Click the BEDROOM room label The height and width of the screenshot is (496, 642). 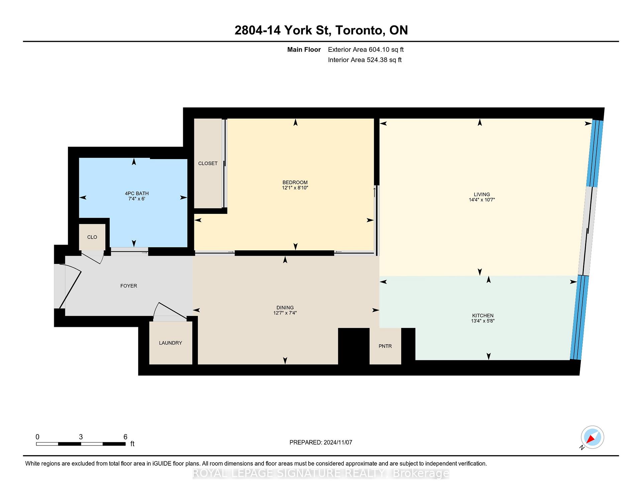pyautogui.click(x=295, y=182)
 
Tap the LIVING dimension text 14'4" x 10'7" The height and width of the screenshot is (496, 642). pyautogui.click(x=481, y=200)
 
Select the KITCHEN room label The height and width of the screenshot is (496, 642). pyautogui.click(x=483, y=316)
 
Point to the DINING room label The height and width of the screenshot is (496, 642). pyautogui.click(x=285, y=307)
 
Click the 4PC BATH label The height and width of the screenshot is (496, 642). pyautogui.click(x=137, y=194)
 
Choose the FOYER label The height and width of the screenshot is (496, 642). pyautogui.click(x=129, y=286)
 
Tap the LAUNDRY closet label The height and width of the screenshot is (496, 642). pyautogui.click(x=171, y=343)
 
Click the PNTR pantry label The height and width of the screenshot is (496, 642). pyautogui.click(x=385, y=346)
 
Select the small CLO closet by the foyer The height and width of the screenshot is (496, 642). pyautogui.click(x=92, y=237)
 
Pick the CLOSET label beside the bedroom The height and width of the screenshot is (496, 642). pyautogui.click(x=208, y=163)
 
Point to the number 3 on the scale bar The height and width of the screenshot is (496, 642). pyautogui.click(x=81, y=437)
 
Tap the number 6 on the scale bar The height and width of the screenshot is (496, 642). pyautogui.click(x=125, y=437)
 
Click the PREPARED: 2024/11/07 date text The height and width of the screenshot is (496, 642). pyautogui.click(x=321, y=443)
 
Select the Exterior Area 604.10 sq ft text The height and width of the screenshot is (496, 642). pyautogui.click(x=366, y=49)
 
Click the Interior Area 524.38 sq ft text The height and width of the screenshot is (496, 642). pyautogui.click(x=365, y=60)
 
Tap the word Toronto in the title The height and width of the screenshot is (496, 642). pyautogui.click(x=359, y=30)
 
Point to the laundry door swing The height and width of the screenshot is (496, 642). pyautogui.click(x=170, y=311)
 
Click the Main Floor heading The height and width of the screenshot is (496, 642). pyautogui.click(x=304, y=49)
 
